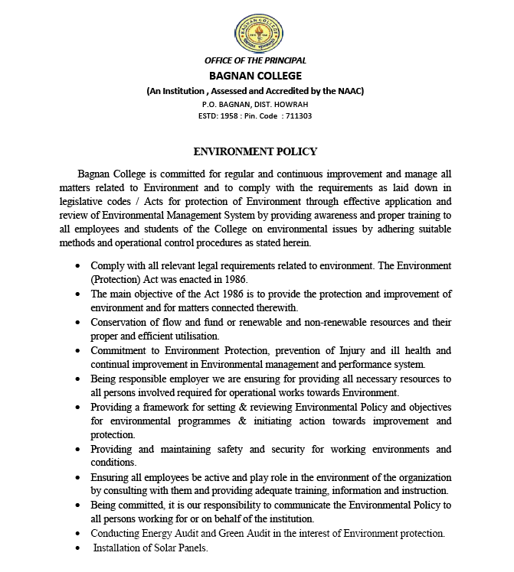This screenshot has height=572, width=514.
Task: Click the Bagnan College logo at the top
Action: (x=255, y=30)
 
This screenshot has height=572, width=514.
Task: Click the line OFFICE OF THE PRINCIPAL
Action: (x=255, y=60)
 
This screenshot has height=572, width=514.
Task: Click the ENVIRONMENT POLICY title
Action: (x=255, y=152)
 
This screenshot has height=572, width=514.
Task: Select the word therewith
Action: (x=274, y=307)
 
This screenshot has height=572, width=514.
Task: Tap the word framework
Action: (x=175, y=407)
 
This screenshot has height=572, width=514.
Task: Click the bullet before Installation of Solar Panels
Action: (x=80, y=548)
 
